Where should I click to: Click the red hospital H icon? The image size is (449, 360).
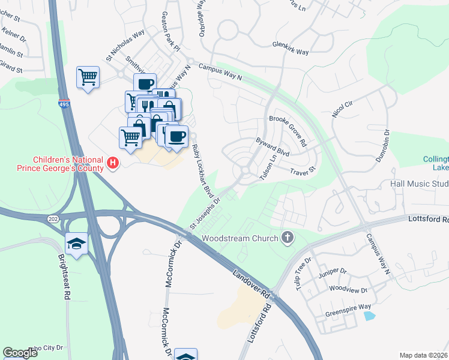[112, 163]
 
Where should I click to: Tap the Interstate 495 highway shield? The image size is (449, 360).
[64, 104]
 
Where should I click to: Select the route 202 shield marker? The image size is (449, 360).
[52, 220]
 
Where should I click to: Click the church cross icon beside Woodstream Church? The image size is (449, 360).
[288, 238]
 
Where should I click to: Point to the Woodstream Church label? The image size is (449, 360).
[240, 238]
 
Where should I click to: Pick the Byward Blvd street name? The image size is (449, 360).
[273, 149]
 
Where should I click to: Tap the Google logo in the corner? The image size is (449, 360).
[20, 353]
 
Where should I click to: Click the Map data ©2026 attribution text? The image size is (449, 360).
[423, 355]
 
